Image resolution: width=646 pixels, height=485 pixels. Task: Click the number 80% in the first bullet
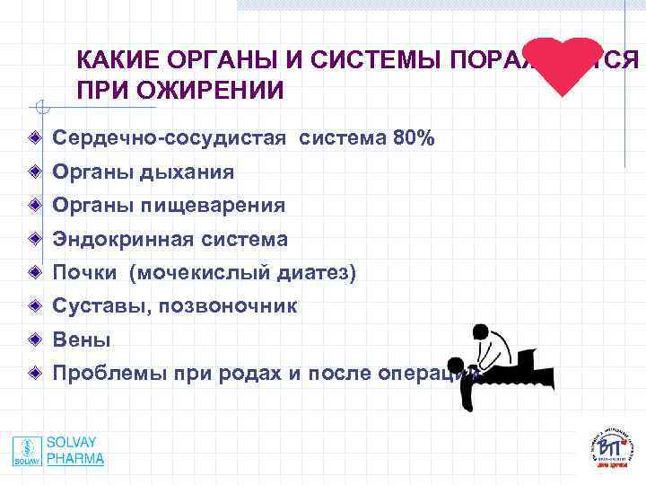click(x=414, y=138)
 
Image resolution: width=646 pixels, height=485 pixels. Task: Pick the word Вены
click(x=82, y=340)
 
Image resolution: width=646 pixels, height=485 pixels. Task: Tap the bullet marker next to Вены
click(x=33, y=340)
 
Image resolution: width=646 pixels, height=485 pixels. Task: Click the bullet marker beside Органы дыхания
click(x=33, y=172)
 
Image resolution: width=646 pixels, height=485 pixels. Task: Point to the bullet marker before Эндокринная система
click(x=33, y=240)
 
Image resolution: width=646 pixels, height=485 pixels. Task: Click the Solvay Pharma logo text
click(x=75, y=451)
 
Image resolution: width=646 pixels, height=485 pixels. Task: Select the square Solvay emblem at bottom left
click(x=26, y=451)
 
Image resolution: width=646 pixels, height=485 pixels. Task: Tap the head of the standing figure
click(x=480, y=333)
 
